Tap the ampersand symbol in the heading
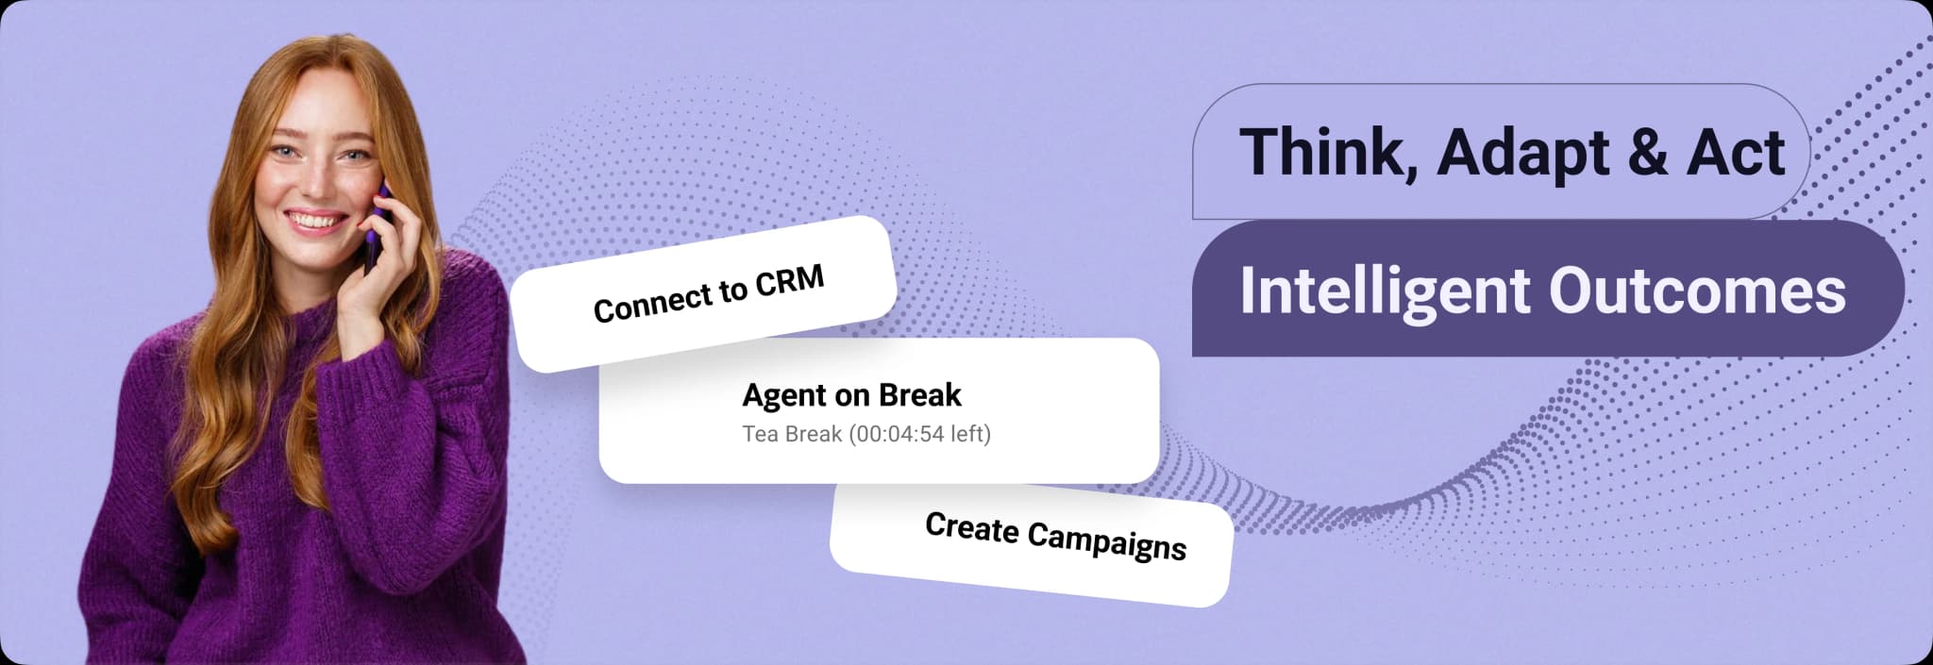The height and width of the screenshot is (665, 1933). click(x=1647, y=152)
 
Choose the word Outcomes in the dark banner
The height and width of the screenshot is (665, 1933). click(x=1697, y=290)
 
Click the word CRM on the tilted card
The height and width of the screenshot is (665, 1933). click(x=790, y=281)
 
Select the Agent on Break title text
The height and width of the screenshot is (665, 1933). click(x=851, y=394)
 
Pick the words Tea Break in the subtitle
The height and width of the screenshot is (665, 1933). click(x=792, y=434)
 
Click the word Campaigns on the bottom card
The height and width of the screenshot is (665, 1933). click(x=1106, y=540)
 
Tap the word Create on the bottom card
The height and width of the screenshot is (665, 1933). click(x=972, y=527)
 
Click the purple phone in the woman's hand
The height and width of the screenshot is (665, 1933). click(x=377, y=226)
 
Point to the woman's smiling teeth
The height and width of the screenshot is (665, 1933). click(x=315, y=222)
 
